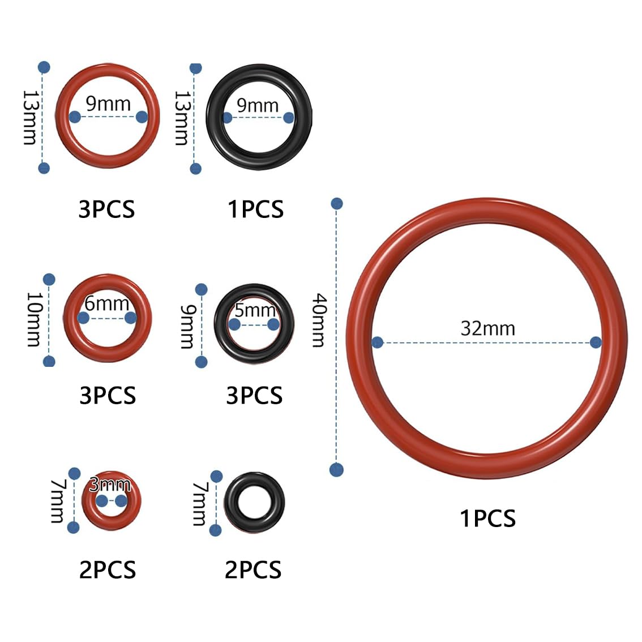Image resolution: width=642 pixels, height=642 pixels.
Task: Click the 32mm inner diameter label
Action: point(487,328)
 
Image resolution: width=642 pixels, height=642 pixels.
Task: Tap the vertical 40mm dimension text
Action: point(319,320)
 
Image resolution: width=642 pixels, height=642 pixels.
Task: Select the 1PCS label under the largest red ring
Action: point(487,519)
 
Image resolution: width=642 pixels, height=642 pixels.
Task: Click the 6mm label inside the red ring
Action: point(107,303)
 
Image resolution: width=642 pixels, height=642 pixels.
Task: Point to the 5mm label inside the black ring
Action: point(255,310)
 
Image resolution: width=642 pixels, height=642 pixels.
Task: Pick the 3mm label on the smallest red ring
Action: point(110,485)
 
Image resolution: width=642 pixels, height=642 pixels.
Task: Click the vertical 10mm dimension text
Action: point(35,319)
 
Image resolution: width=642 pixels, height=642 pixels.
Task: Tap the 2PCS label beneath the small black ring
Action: point(253,570)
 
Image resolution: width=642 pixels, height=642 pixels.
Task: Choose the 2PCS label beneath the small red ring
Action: point(107,570)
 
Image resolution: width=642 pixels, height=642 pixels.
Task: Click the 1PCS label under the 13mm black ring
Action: point(255,209)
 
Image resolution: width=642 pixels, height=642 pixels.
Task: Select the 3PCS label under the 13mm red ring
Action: point(106,209)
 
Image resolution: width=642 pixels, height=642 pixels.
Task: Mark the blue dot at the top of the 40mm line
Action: point(336,203)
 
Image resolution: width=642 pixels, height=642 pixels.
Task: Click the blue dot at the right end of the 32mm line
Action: point(596,342)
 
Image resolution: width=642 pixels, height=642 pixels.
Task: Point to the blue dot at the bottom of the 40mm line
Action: point(336,470)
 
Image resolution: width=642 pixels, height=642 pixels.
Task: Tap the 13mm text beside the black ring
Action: point(182,118)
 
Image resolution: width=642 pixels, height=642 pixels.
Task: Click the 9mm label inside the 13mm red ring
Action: point(108,104)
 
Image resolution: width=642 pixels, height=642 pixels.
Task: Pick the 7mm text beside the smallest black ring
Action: point(200,504)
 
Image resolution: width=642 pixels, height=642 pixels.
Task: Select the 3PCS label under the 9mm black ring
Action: point(254,396)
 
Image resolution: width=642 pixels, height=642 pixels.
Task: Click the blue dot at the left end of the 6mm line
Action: point(84,318)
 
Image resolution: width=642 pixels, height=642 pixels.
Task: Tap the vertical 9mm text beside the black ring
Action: point(187,326)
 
